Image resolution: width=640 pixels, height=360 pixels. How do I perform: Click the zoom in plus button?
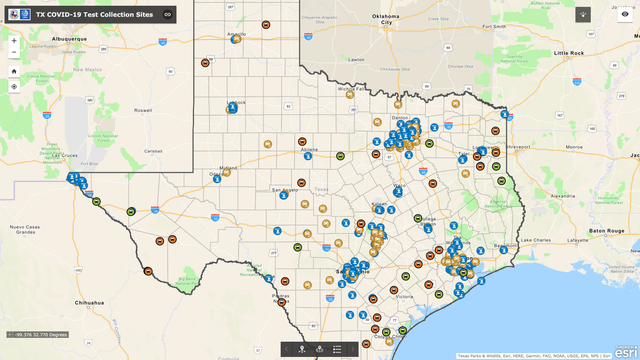point(14,41)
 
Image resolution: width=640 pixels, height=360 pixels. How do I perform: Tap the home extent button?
point(14,72)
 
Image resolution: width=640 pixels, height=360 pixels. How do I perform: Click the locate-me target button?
point(14,87)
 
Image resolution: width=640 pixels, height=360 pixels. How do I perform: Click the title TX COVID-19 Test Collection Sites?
point(96,14)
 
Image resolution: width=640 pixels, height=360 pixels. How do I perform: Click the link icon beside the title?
point(168,14)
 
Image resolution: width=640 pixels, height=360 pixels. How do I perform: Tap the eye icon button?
point(625,14)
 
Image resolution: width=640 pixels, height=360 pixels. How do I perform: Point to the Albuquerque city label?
point(64,38)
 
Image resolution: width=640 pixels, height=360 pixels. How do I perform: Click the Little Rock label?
point(569,52)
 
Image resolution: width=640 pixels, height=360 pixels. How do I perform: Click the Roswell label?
point(144,110)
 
